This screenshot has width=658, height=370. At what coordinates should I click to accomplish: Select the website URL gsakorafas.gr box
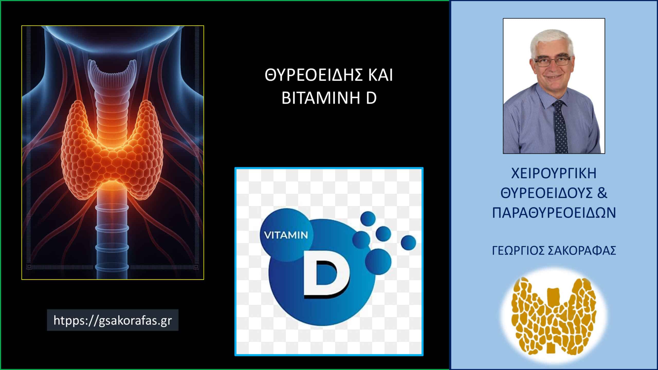coord(113,320)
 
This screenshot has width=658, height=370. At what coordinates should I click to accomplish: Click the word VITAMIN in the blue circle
coord(286,235)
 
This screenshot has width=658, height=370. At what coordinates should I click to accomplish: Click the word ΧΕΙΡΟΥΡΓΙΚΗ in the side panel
coord(554,174)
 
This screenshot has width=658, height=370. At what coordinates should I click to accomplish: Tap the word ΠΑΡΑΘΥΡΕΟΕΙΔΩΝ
coord(554,213)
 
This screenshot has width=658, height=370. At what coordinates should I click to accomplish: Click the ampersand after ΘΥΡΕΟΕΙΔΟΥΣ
coord(602,193)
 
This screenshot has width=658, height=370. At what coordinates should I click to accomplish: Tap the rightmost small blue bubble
coord(408,243)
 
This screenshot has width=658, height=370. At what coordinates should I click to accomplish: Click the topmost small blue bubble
coord(368,219)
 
